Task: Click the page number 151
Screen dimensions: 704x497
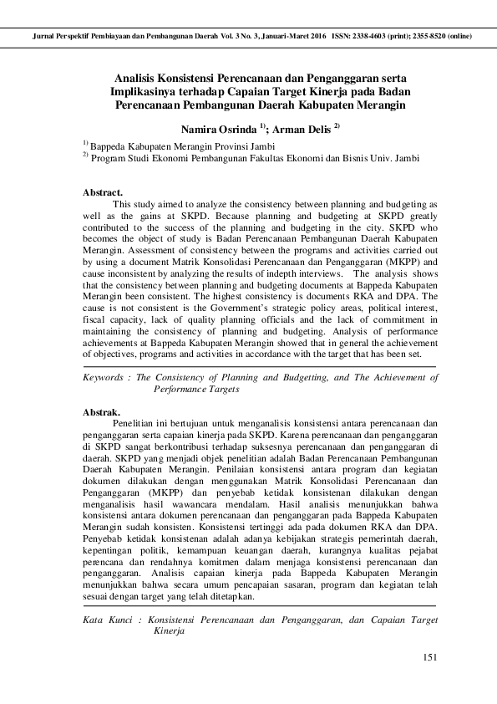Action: coord(430,657)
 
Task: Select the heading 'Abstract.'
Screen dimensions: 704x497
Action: coord(103,192)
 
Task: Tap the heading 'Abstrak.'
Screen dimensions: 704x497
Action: coord(102,412)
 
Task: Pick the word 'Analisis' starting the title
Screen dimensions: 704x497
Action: coord(139,77)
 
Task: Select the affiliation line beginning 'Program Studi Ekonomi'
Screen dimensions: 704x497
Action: coord(254,156)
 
